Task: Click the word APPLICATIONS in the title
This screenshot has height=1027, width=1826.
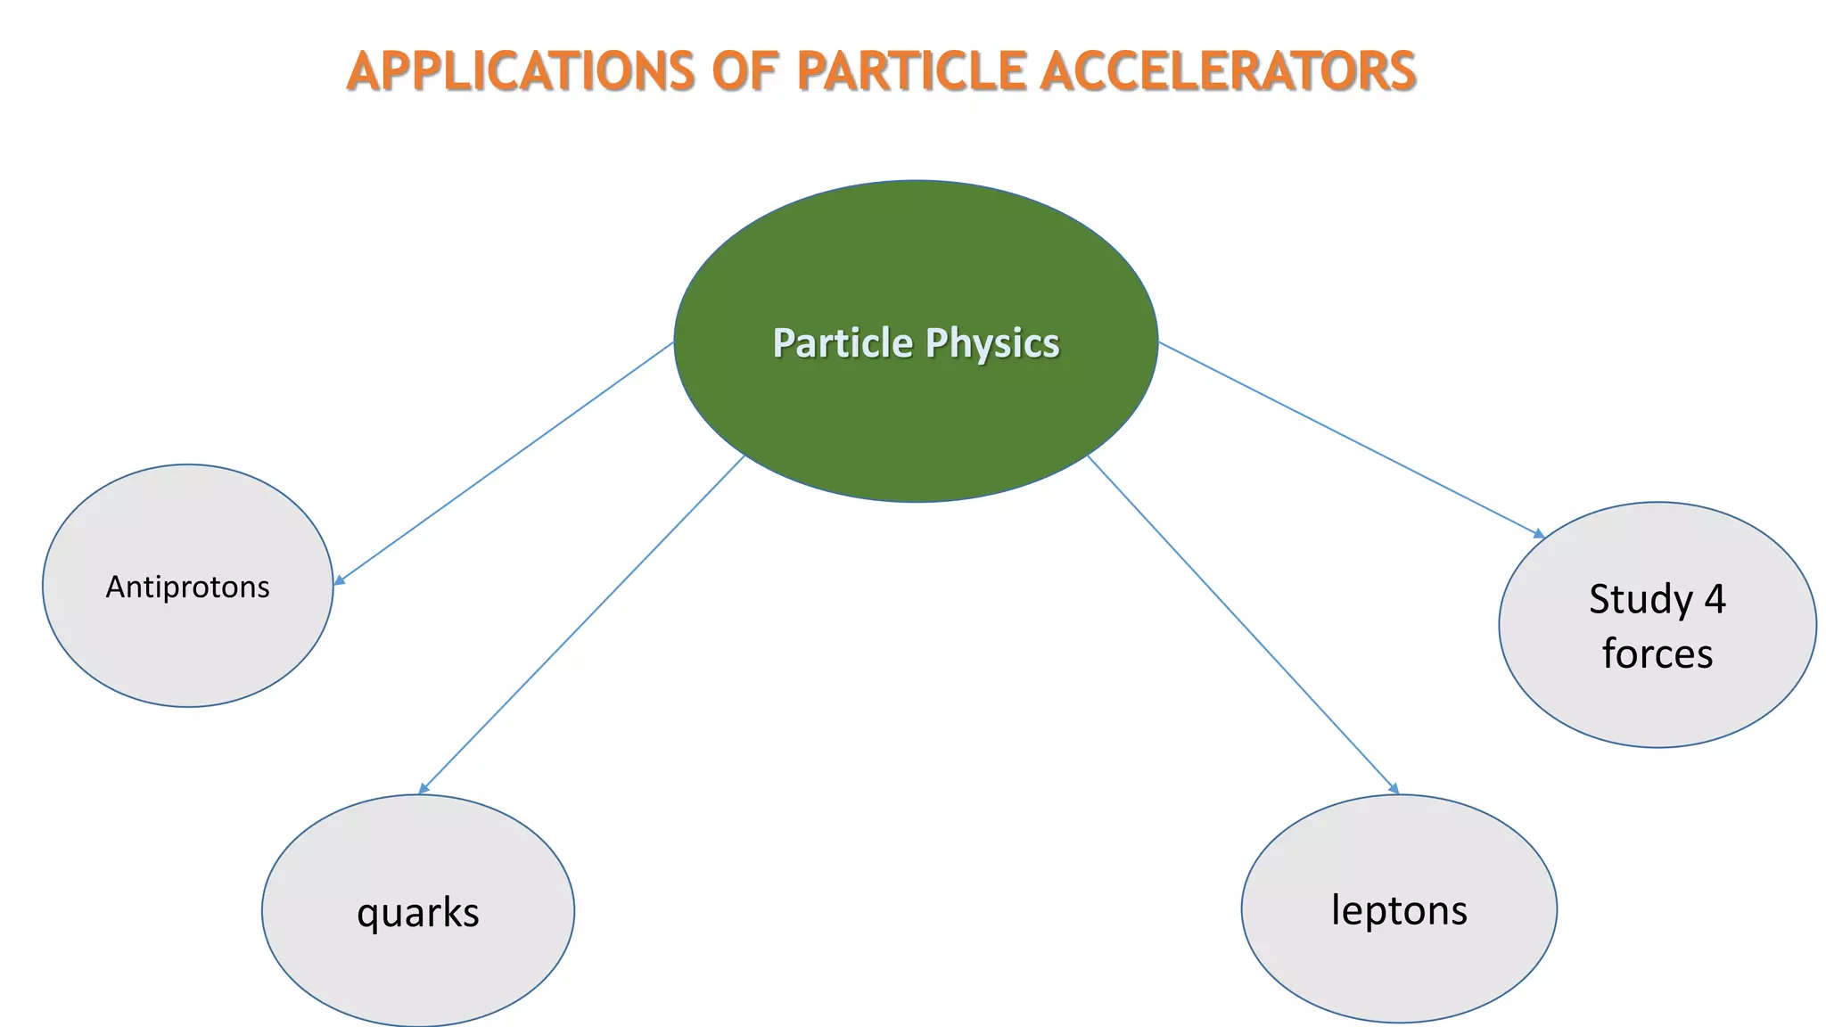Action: click(520, 71)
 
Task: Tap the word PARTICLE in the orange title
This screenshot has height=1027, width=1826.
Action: click(911, 71)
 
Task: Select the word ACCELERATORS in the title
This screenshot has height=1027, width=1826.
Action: click(1228, 71)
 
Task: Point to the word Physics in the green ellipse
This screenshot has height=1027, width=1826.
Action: click(992, 343)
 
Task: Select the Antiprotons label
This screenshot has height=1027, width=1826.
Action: click(187, 587)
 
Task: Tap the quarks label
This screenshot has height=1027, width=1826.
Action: click(418, 912)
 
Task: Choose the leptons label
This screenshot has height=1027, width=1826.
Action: click(1399, 910)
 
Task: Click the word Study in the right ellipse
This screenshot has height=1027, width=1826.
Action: click(1640, 599)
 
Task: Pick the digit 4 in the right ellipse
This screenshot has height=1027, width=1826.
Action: click(1715, 599)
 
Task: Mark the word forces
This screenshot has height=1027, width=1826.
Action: click(1657, 653)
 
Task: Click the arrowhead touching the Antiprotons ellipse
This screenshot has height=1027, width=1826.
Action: click(339, 581)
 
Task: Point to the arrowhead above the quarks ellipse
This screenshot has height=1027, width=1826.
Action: click(424, 788)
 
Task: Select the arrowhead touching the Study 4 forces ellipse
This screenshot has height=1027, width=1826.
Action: click(1539, 534)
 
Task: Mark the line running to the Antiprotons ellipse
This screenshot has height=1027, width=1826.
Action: click(504, 462)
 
